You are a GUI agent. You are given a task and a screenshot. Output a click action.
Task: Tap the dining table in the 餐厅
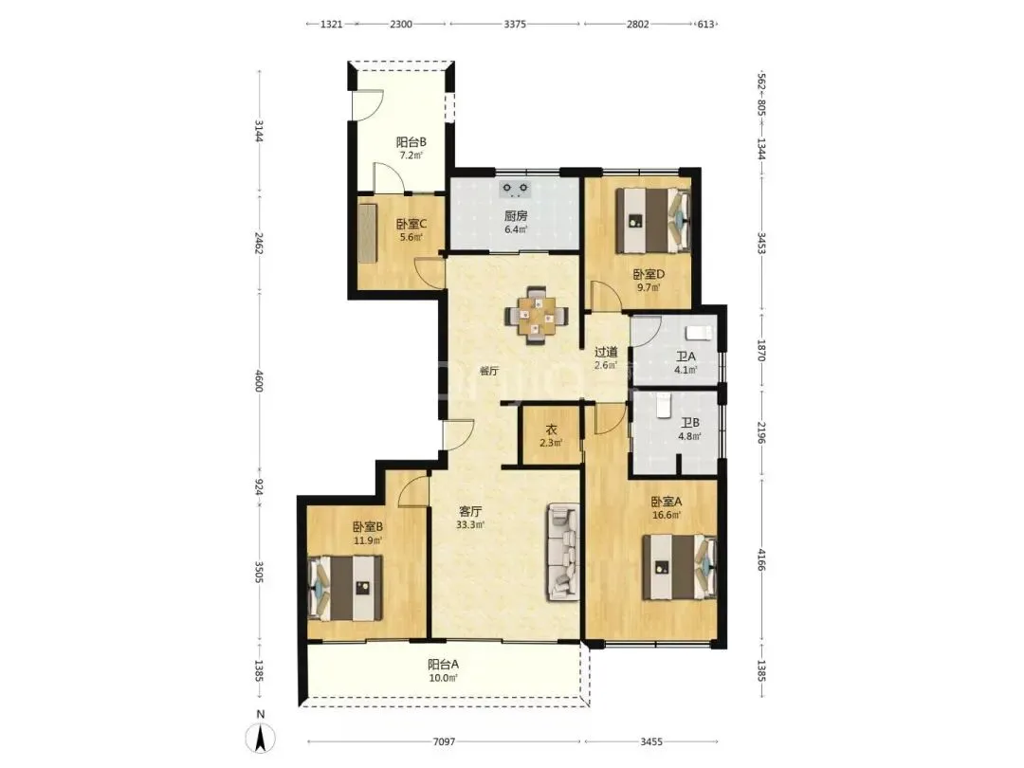(x=536, y=316)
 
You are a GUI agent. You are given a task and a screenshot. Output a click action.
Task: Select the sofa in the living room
(x=563, y=552)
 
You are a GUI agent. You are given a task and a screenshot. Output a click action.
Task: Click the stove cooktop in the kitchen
(x=515, y=189)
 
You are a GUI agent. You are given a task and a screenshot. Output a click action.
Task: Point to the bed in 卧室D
(x=653, y=221)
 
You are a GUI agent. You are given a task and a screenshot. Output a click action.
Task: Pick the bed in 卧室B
(x=345, y=588)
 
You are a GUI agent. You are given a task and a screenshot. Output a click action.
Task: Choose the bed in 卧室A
(x=679, y=567)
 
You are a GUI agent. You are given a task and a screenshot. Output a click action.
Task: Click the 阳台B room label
(x=411, y=141)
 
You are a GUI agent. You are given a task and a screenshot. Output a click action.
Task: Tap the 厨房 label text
(x=515, y=215)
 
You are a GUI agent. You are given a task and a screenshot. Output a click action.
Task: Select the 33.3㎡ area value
(x=470, y=524)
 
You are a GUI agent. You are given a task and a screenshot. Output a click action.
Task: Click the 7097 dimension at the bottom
(x=444, y=741)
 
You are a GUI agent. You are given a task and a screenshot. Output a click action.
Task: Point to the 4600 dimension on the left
(x=259, y=381)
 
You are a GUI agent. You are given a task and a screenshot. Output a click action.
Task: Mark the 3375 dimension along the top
(x=515, y=24)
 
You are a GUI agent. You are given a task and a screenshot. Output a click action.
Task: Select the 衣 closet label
(x=551, y=430)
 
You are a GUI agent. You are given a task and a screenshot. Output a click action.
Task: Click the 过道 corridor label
(x=605, y=352)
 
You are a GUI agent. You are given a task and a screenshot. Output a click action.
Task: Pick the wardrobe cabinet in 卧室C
(x=368, y=232)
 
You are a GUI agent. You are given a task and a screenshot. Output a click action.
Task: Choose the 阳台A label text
(x=444, y=664)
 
